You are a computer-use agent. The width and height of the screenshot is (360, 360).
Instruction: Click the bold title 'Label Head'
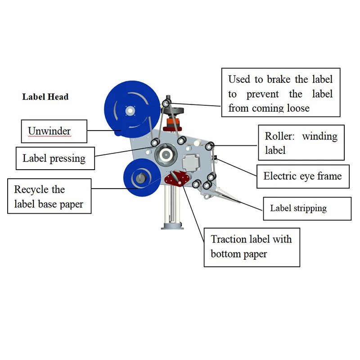click(45, 97)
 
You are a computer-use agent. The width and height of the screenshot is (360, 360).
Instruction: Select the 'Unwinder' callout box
click(54, 131)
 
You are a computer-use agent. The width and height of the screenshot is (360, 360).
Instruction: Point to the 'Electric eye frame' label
click(302, 175)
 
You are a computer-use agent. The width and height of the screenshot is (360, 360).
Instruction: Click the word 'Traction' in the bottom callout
click(231, 239)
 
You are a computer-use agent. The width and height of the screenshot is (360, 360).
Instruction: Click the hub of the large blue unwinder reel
click(130, 109)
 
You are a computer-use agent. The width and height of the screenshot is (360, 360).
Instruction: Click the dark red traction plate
click(175, 178)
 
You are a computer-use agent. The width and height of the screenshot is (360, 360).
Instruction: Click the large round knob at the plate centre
click(166, 154)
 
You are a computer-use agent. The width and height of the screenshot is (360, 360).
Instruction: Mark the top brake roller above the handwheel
click(167, 103)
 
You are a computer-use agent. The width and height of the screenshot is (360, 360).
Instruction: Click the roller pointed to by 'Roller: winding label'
click(209, 145)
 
